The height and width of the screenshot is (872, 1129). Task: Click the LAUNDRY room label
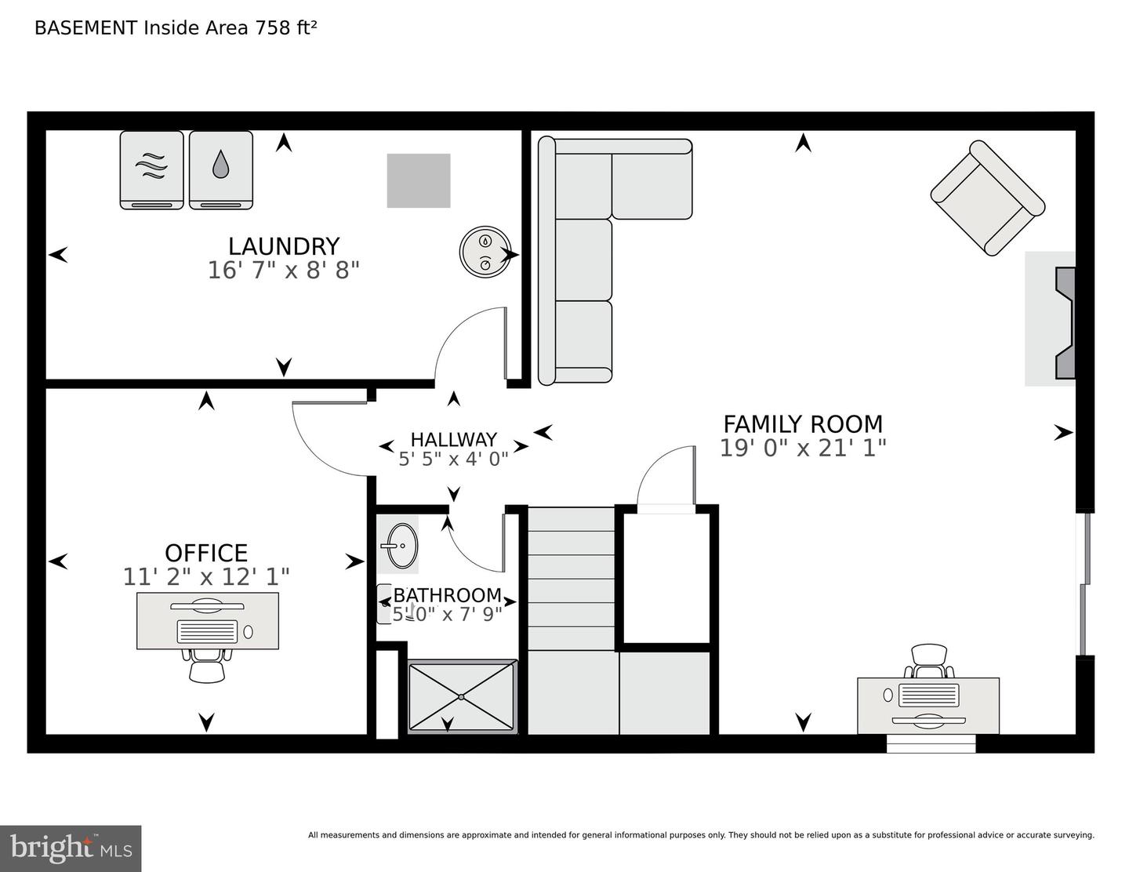[283, 246]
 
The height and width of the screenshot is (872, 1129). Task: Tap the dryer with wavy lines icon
[151, 169]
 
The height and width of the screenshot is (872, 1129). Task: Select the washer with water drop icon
[221, 169]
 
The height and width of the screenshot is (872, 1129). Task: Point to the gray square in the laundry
[419, 180]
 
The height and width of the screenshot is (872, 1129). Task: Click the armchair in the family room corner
[987, 198]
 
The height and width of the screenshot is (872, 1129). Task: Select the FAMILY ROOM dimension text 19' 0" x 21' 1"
[803, 448]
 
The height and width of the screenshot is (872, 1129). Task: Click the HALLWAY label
[453, 439]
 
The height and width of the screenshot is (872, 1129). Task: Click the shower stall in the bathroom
[462, 696]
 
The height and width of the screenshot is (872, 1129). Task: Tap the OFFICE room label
[206, 552]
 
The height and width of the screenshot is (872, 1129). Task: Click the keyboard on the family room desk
[928, 695]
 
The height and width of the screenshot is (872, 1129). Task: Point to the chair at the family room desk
[930, 660]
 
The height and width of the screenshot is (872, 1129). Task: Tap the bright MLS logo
[71, 848]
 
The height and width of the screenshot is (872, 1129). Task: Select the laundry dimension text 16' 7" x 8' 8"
[283, 271]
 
